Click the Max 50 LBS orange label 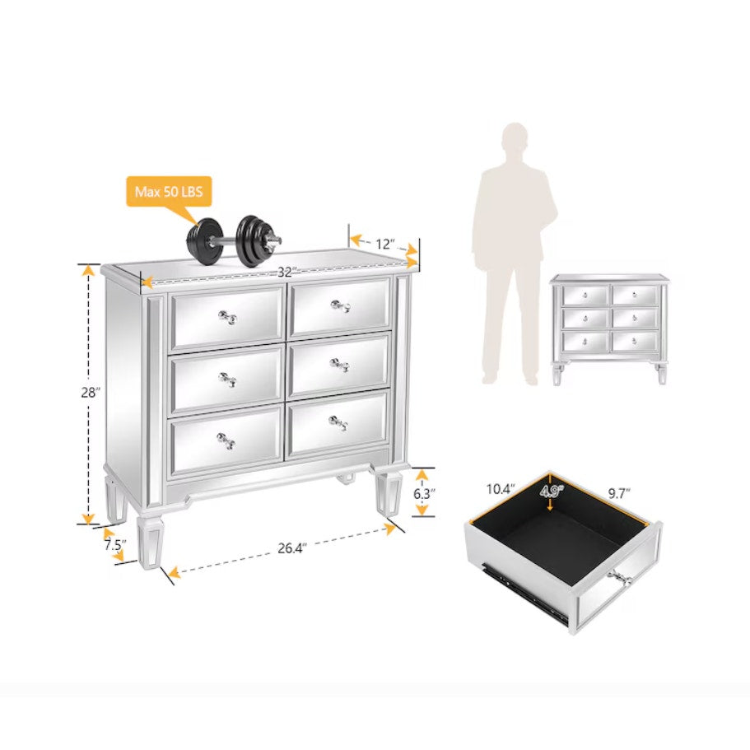point(169,192)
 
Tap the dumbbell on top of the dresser point(234,241)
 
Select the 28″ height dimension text point(91,393)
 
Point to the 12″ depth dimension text point(385,244)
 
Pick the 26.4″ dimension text point(291,548)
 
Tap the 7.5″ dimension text point(114,545)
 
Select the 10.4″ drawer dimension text point(501,489)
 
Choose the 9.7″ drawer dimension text point(619,493)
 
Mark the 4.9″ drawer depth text point(552,491)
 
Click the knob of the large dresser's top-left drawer point(228,317)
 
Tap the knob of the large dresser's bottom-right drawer point(338,423)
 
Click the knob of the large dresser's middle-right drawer point(339,366)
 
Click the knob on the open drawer point(621,580)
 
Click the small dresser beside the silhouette point(608,329)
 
